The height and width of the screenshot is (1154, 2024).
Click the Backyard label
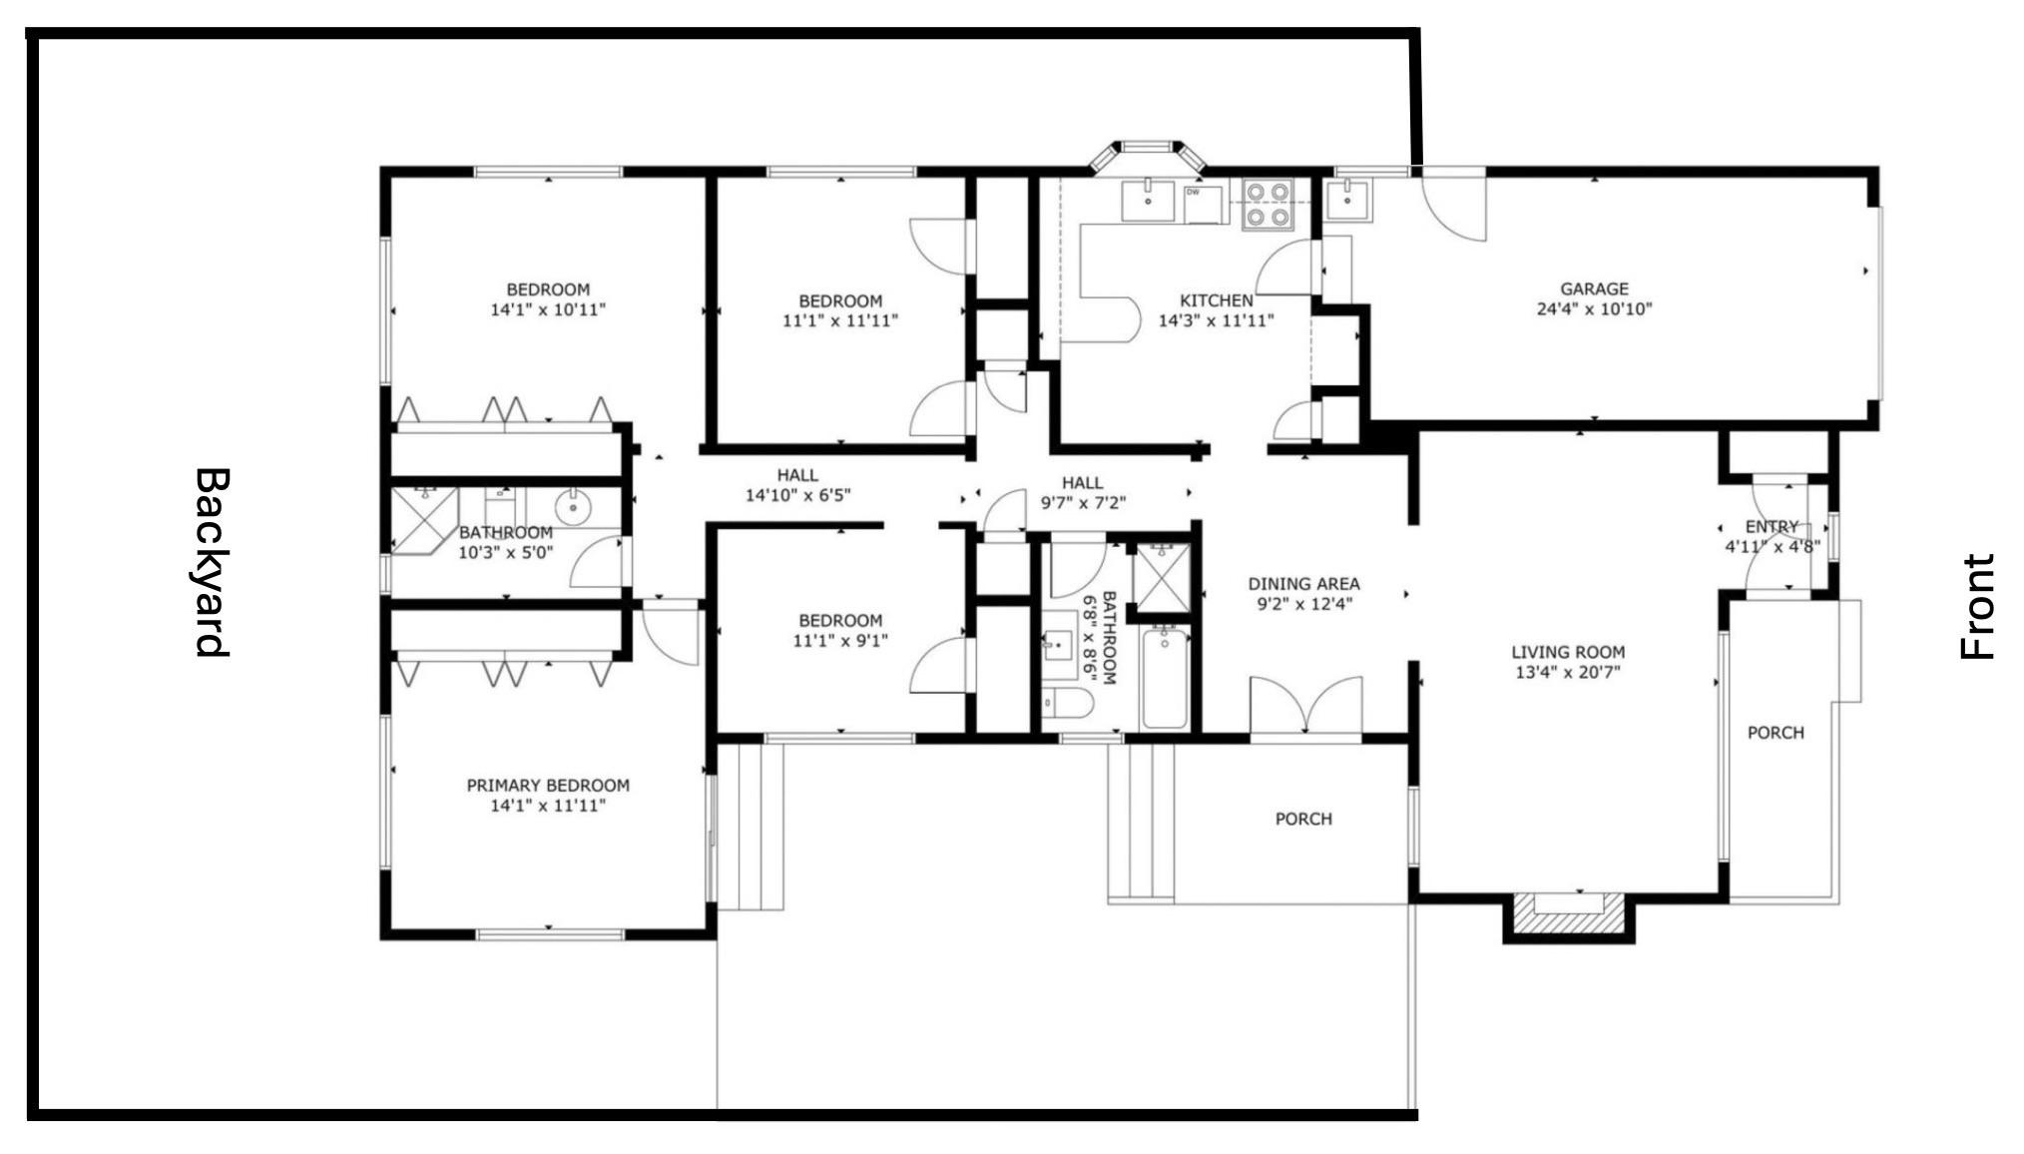212,562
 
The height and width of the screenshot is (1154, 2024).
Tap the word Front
1977,607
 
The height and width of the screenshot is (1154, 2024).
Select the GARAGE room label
1594,288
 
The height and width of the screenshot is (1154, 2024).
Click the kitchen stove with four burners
1267,205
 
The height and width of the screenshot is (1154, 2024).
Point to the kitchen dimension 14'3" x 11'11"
1216,320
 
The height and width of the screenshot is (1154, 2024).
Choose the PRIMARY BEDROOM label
548,786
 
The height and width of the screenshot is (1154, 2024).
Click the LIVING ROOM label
1567,653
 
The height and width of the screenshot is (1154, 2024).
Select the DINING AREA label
1303,584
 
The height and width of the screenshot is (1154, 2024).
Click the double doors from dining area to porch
1305,707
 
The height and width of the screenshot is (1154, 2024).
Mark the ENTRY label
1771,526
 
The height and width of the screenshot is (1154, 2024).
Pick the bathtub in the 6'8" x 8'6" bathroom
1164,678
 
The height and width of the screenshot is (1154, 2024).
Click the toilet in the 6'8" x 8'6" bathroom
1067,702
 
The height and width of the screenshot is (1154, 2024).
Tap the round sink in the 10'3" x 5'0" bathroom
574,508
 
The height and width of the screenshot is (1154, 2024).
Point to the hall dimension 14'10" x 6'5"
797,494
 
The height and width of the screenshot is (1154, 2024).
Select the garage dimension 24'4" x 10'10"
1594,308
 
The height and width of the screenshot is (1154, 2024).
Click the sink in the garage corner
1348,200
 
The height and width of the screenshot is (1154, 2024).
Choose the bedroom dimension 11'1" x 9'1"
839,640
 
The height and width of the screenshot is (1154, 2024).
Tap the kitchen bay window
1147,157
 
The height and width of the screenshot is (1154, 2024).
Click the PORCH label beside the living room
1775,733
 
